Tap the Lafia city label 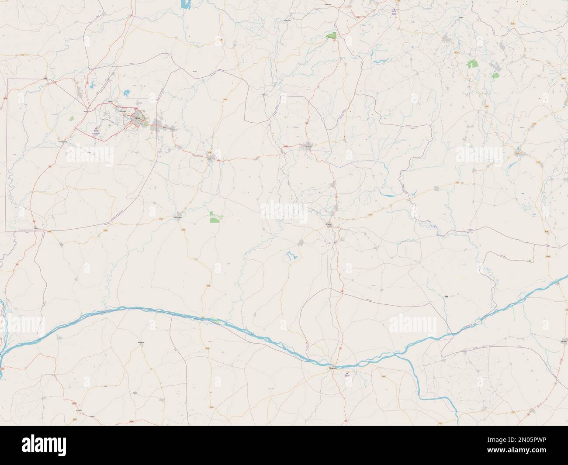(329, 225)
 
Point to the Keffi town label (209, 158)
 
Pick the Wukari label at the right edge (564, 341)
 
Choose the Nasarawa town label (177, 217)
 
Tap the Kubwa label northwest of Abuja (110, 101)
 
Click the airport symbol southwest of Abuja (96, 131)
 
